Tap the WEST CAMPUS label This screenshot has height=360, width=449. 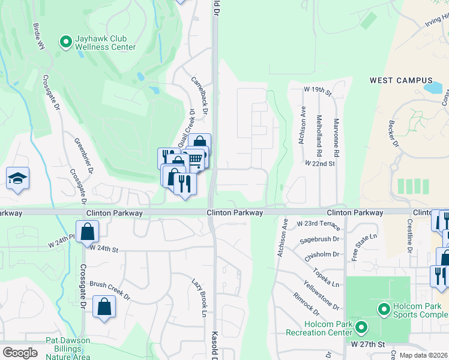pyautogui.click(x=401, y=80)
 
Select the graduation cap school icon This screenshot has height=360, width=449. pyautogui.click(x=18, y=178)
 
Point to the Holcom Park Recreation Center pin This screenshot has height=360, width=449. pyautogui.click(x=361, y=328)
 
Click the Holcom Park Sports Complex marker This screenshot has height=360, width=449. pyautogui.click(x=385, y=310)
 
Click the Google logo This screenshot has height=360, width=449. pyautogui.click(x=20, y=353)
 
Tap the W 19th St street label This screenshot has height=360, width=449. pyautogui.click(x=318, y=89)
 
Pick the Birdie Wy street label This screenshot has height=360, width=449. pyautogui.click(x=39, y=36)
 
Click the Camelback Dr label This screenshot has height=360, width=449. pyautogui.click(x=199, y=95)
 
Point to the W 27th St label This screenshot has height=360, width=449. pyautogui.click(x=367, y=344)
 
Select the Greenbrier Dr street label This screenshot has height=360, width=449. pyautogui.click(x=84, y=155)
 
